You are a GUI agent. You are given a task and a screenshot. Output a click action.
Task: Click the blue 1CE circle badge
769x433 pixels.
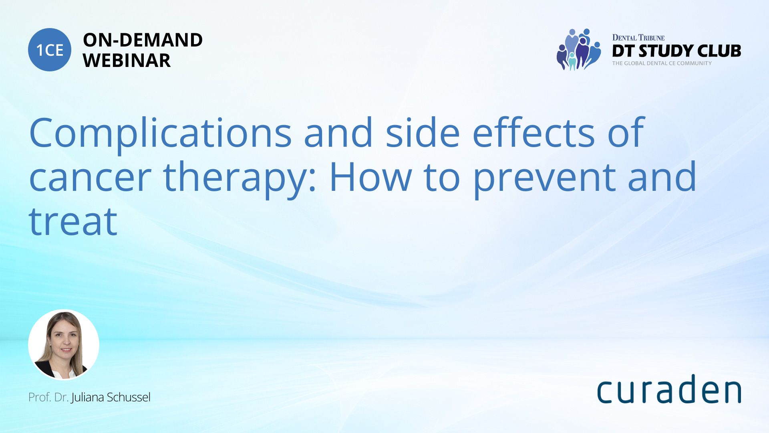(50, 50)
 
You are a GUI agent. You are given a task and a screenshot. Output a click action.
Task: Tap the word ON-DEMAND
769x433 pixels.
(143, 40)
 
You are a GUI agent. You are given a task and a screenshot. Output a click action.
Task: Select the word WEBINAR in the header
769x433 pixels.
(127, 61)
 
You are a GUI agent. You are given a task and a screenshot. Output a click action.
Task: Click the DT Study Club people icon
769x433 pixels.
(579, 49)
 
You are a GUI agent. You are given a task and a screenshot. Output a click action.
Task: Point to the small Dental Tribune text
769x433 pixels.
(638, 38)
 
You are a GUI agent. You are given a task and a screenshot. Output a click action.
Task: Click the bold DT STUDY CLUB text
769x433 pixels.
(676, 51)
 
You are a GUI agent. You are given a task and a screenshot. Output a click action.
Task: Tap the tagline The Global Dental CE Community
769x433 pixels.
(662, 63)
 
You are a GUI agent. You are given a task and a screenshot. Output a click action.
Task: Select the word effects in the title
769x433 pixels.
(533, 132)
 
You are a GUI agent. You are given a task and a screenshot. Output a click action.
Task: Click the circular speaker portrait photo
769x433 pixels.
(64, 344)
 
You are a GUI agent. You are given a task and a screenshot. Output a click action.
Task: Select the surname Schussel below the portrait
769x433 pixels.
(129, 397)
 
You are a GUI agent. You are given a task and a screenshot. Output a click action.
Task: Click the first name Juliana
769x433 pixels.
(88, 398)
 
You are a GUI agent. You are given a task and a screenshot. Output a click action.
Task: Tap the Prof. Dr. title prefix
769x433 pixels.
(48, 397)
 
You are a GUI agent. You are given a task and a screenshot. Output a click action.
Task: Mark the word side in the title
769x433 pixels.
(423, 132)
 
